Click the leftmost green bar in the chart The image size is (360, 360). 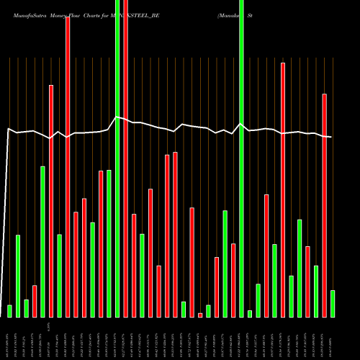9,311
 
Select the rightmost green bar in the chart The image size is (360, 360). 333,303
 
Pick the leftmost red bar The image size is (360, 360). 35,301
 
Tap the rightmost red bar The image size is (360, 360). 324,205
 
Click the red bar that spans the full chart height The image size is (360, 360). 126,158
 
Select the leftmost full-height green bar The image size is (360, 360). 117,158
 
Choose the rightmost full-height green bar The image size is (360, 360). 242,158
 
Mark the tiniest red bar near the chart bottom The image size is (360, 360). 200,315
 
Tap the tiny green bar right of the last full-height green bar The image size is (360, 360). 250,313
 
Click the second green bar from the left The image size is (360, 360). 18,276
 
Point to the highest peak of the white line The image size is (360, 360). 116,117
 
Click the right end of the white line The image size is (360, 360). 331,137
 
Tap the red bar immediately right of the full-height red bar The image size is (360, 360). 134,266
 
